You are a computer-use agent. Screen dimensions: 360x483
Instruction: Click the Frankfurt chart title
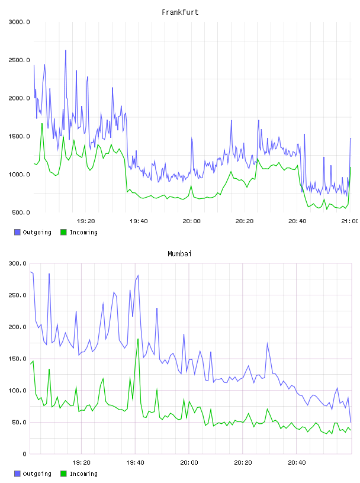pos(180,12)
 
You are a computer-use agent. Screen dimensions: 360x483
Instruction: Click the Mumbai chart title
pos(179,254)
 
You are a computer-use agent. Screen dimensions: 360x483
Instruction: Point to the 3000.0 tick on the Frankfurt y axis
pos(19,22)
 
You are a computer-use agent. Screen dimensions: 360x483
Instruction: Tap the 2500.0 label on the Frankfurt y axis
pos(19,60)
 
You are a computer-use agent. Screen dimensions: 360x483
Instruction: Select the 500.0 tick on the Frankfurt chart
pos(21,212)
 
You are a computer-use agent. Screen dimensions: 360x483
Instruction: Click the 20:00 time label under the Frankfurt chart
pos(191,221)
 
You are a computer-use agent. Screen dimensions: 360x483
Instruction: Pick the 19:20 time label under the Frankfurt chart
pos(86,221)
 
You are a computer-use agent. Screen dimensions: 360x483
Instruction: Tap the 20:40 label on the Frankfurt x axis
pos(297,221)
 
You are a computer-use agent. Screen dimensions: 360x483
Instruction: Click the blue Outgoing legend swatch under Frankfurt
pos(17,232)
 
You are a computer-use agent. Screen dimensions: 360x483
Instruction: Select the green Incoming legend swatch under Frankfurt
pos(63,232)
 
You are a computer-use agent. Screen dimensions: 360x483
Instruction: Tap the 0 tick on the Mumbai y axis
pos(25,454)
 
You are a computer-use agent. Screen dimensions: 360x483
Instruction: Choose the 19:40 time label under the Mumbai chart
pos(135,463)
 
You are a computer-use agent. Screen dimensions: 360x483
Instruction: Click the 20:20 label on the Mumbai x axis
pos(243,463)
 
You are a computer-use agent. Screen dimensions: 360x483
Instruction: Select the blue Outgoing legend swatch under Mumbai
pos(17,474)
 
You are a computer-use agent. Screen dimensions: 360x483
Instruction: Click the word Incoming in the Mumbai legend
pos(83,474)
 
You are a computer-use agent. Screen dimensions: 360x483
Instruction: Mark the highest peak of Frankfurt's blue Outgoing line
pos(66,50)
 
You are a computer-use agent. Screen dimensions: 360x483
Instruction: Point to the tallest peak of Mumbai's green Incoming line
pos(138,339)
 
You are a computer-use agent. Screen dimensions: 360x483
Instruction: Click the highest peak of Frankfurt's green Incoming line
pos(42,124)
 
